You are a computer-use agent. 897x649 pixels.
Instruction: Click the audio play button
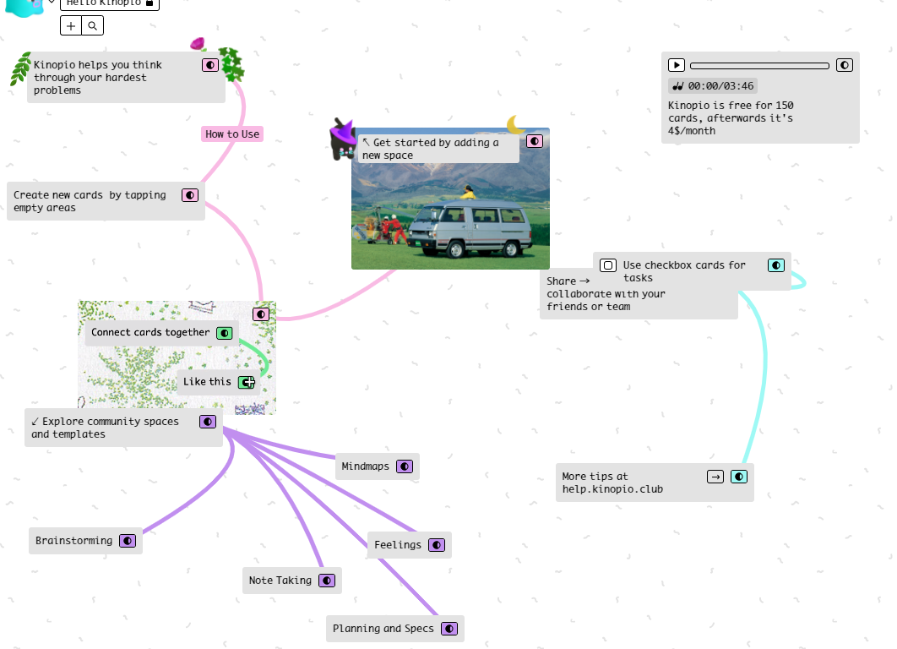pyautogui.click(x=676, y=65)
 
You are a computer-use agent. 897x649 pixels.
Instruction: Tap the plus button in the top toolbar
pyautogui.click(x=71, y=26)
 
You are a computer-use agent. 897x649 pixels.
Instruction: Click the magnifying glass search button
pyautogui.click(x=93, y=26)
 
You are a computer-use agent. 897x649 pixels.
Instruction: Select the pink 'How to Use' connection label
pyautogui.click(x=232, y=134)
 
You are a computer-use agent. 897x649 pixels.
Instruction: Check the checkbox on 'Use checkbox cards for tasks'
pyautogui.click(x=608, y=265)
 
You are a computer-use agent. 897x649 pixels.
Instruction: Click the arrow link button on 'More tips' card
pyautogui.click(x=715, y=477)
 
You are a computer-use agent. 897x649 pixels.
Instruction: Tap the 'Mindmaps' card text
pyautogui.click(x=365, y=466)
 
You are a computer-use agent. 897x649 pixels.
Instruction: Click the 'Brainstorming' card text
pyautogui.click(x=73, y=541)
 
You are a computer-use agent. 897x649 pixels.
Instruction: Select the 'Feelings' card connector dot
pyautogui.click(x=437, y=545)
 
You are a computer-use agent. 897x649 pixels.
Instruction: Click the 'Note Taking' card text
pyautogui.click(x=280, y=581)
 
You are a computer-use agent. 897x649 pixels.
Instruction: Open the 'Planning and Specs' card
pyautogui.click(x=383, y=629)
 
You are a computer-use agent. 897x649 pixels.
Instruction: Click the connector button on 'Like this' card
pyautogui.click(x=247, y=382)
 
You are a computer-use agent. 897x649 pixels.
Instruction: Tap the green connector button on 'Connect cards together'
pyautogui.click(x=224, y=333)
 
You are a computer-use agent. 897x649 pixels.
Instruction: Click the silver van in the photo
pyautogui.click(x=469, y=226)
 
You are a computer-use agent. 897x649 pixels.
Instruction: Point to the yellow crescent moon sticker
pyautogui.click(x=515, y=125)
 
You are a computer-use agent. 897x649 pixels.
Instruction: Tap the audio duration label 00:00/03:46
pyautogui.click(x=713, y=85)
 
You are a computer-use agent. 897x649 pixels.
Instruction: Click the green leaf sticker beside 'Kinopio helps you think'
pyautogui.click(x=19, y=68)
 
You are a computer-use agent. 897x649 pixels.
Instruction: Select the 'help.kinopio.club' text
pyautogui.click(x=612, y=489)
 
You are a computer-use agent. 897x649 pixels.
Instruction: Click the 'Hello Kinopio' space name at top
pyautogui.click(x=106, y=3)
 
